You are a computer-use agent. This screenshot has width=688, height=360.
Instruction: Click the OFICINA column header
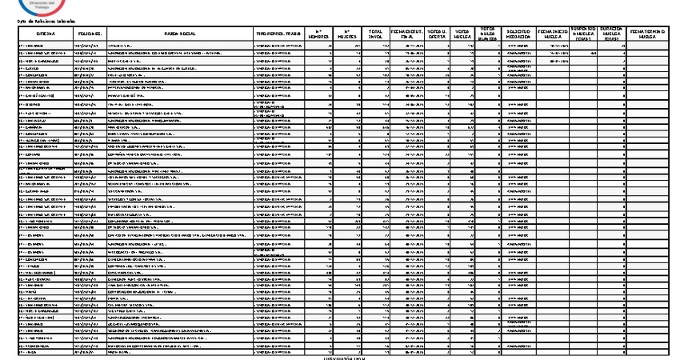(46, 35)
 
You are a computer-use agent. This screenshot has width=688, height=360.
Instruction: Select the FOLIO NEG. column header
(89, 35)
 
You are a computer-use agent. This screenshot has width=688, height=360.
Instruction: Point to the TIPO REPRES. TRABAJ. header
(277, 35)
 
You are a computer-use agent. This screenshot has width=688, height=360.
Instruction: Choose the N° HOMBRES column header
(320, 35)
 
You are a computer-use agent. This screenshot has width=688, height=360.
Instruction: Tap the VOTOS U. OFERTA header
(437, 35)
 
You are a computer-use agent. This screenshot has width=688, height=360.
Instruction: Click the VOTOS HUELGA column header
(462, 35)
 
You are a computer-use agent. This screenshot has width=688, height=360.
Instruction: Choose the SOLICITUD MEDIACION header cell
(519, 35)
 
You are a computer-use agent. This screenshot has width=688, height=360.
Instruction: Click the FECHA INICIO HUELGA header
(552, 35)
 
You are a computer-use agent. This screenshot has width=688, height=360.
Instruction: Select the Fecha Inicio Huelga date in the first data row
(552, 46)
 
